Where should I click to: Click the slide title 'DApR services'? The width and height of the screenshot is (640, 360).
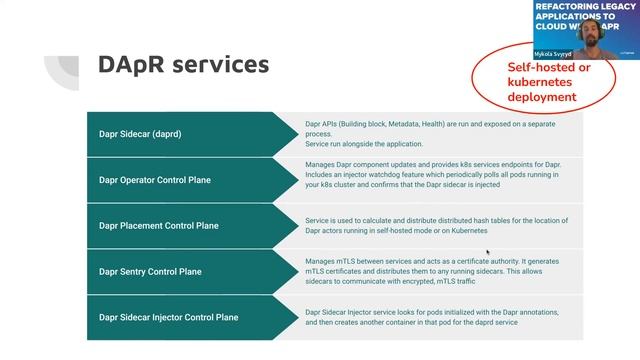point(183,65)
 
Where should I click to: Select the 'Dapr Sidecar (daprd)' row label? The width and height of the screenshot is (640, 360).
point(140,133)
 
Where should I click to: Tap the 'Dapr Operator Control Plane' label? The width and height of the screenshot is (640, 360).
point(155,180)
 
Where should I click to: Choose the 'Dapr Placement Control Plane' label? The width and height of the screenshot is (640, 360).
point(158,226)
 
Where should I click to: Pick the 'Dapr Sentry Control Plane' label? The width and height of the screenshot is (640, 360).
point(150,271)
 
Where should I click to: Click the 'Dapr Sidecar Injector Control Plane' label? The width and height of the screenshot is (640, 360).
point(168,317)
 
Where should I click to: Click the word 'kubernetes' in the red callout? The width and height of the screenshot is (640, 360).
point(542,82)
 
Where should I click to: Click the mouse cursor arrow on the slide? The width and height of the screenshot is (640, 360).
point(488,253)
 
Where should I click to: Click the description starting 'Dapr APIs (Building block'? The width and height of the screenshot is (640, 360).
point(444,133)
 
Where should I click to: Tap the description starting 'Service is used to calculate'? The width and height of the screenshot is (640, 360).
point(436,225)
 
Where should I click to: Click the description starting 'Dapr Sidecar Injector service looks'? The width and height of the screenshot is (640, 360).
point(432,317)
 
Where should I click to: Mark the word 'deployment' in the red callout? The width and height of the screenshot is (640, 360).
point(542,97)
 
